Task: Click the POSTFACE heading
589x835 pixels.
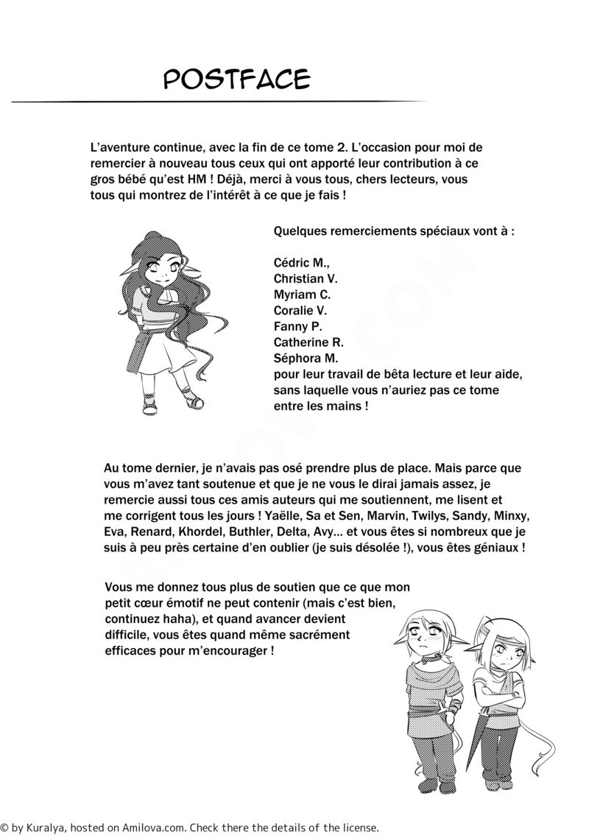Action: coord(236,78)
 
